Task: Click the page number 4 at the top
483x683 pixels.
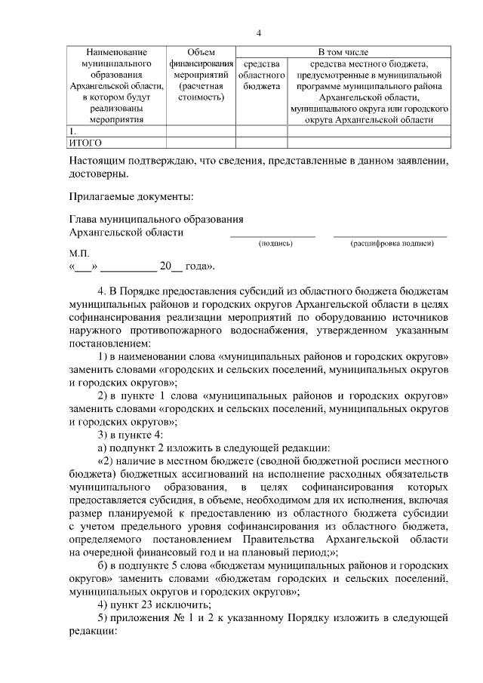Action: [258, 32]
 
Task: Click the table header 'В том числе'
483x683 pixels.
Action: [343, 52]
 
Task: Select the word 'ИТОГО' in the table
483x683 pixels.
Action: [85, 142]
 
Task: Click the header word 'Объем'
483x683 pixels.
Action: [200, 52]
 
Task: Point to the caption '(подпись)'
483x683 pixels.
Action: [275, 244]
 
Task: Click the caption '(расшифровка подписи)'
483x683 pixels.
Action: [392, 244]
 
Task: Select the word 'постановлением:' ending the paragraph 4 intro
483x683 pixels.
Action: [108, 342]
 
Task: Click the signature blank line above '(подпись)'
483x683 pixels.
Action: [272, 236]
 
